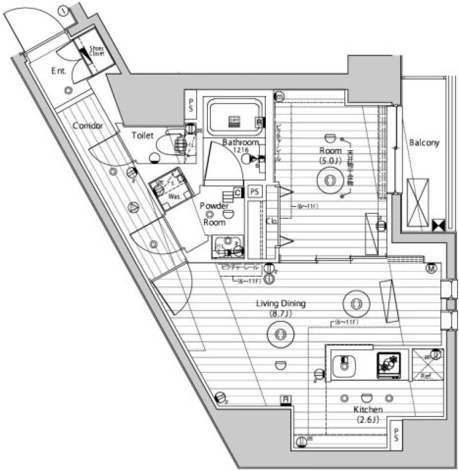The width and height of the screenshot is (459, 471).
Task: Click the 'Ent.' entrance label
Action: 59,71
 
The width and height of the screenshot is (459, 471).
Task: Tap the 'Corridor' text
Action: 88,126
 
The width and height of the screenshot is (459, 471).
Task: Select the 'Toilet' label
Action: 143,135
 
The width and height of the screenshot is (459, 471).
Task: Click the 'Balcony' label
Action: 424,142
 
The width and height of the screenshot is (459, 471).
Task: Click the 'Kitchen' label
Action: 368,410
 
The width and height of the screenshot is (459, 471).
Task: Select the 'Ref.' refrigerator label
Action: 426,376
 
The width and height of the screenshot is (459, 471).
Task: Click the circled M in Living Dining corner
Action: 432,269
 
